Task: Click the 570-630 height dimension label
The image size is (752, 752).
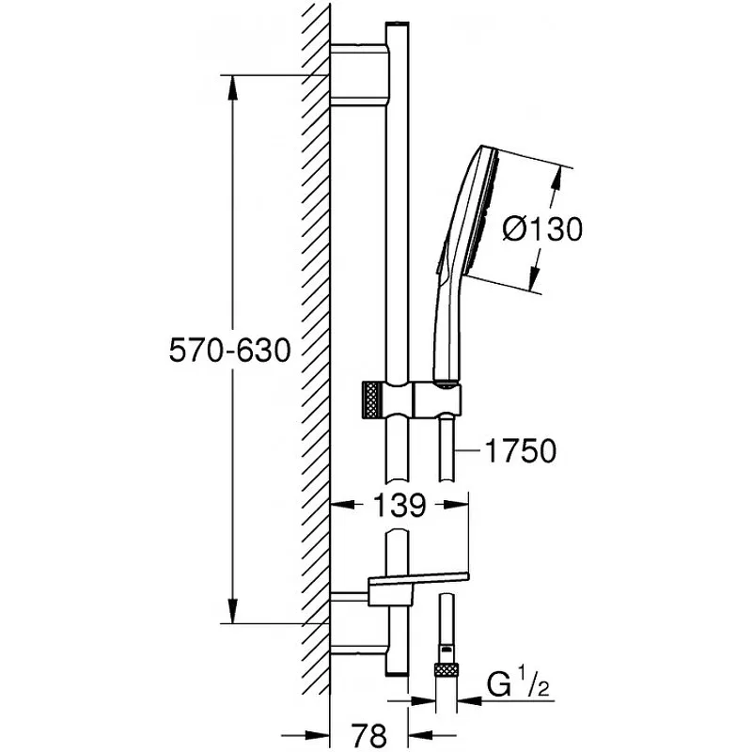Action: coord(230,350)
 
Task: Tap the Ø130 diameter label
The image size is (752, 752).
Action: coord(542,228)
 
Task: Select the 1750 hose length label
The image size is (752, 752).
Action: coord(521,451)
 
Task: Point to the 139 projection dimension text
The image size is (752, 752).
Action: coord(399,505)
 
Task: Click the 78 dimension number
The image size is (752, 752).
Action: coord(368,734)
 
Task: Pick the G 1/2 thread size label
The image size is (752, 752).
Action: coord(518,683)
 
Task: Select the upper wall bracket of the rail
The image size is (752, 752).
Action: coord(360,74)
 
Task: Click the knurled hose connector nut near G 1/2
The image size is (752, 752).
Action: coord(446,670)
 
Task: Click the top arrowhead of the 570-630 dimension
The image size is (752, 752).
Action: coord(232,87)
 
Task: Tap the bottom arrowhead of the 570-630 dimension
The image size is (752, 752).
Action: coord(232,610)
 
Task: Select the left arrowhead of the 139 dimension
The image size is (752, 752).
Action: coord(343,505)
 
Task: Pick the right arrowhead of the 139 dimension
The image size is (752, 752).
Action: coord(456,505)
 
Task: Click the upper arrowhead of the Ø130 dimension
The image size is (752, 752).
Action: coord(556,179)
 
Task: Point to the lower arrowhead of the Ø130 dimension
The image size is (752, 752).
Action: coord(534,278)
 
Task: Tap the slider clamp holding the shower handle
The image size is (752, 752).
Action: coord(437,399)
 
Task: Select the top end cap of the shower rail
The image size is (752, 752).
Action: coord(398,25)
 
